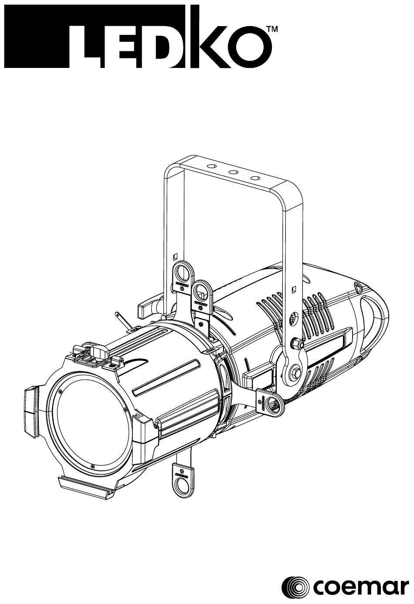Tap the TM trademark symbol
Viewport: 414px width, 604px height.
click(x=272, y=29)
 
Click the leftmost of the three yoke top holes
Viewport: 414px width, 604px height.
click(x=212, y=165)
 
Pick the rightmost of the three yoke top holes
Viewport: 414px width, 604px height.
click(x=255, y=178)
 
